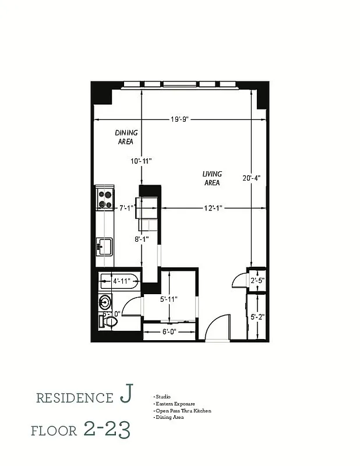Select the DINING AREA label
tap(126, 137)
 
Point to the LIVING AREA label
tap(211, 178)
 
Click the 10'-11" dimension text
tap(141, 161)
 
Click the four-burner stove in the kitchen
tap(105, 199)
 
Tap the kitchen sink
tap(105, 246)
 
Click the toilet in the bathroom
tap(108, 321)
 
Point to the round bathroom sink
tap(105, 302)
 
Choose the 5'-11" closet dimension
tap(168, 299)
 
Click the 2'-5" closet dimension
tap(257, 280)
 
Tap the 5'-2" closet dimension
tap(257, 317)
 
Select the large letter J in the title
tap(125, 396)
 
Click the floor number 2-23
tap(107, 430)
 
